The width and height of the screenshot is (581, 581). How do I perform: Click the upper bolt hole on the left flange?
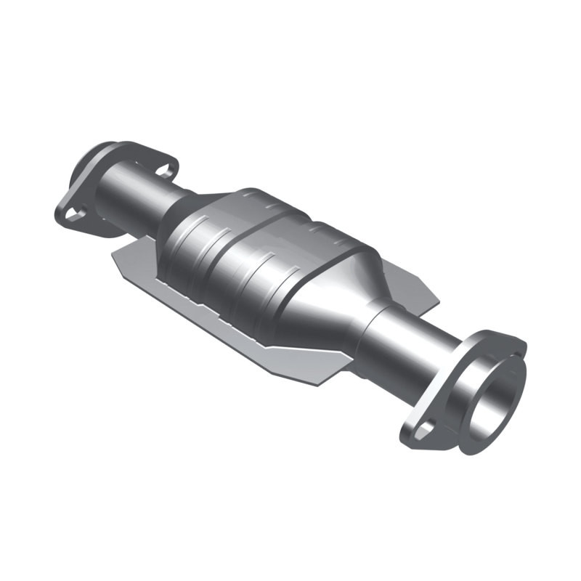pyautogui.click(x=166, y=171)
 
